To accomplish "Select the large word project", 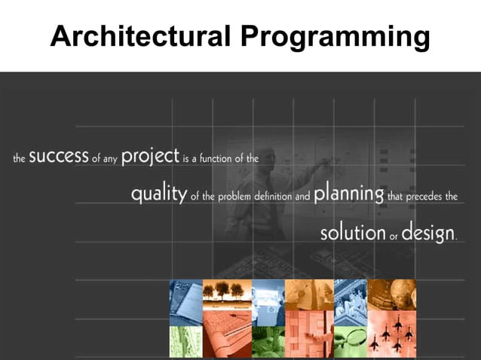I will (150, 157).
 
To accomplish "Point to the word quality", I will (158, 195).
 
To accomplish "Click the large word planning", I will (348, 194).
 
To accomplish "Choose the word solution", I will (353, 233).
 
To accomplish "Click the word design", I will (427, 233).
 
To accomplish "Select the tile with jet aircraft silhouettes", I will (391, 340).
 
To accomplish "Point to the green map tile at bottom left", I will (185, 340).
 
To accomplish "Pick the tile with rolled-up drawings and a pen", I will (227, 340).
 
